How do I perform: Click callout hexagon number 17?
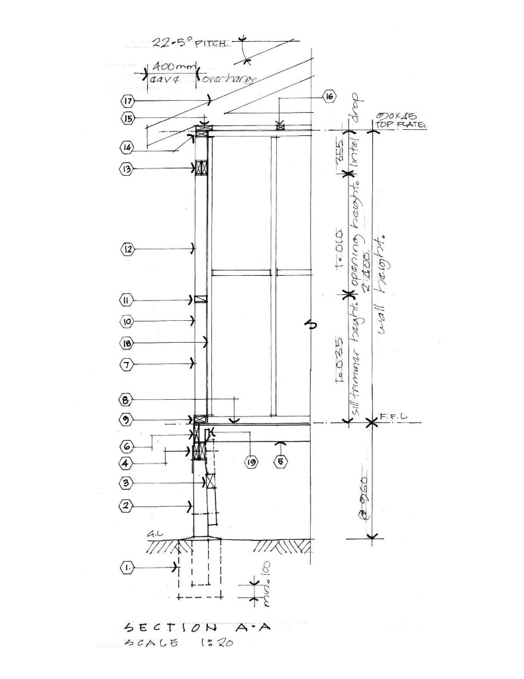pos(128,101)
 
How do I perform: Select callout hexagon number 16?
pos(329,97)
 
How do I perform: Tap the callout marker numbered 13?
pos(128,169)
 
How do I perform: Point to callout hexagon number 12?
pos(128,249)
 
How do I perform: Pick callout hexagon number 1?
pos(128,568)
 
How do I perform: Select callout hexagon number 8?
pos(128,400)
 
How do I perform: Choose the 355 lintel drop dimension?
pos(339,152)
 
